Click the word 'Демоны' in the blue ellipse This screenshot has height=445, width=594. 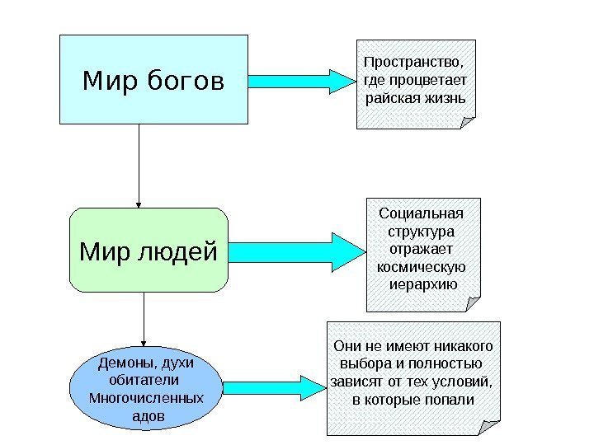(x=125, y=363)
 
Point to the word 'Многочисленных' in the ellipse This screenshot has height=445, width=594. (x=146, y=398)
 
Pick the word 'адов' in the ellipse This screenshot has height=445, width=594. (x=148, y=416)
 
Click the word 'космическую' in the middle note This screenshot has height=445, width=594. (x=421, y=268)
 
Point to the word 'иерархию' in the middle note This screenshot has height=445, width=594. (x=423, y=285)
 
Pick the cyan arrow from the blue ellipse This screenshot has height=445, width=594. (x=273, y=386)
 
